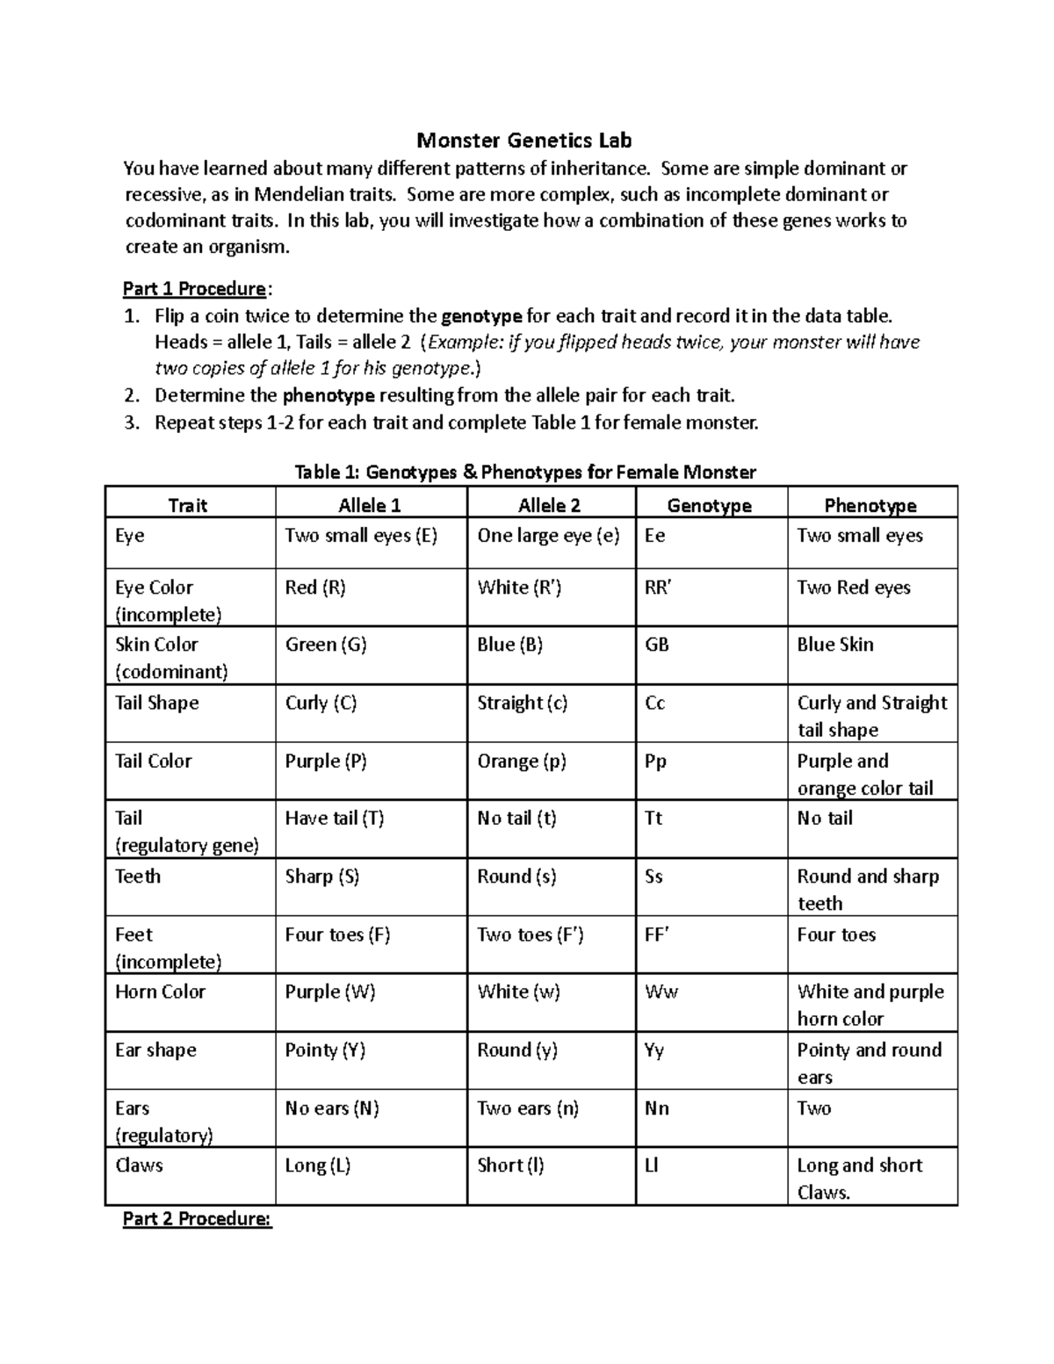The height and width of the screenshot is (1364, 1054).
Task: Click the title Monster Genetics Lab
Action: click(x=523, y=141)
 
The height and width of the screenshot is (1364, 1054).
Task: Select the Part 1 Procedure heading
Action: click(x=194, y=289)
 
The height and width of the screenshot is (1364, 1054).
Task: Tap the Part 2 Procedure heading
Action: click(x=198, y=1219)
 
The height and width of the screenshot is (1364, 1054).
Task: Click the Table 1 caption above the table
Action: click(x=524, y=473)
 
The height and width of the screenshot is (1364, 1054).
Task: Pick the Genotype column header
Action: click(x=709, y=505)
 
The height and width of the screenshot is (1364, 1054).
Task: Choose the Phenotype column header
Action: click(x=870, y=505)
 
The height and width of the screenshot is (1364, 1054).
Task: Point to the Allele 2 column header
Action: click(x=549, y=505)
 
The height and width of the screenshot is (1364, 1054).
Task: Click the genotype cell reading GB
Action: click(x=657, y=645)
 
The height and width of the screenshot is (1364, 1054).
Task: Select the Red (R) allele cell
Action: click(x=315, y=588)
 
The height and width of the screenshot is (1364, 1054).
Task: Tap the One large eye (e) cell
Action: click(x=548, y=536)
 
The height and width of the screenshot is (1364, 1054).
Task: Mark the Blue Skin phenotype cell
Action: click(x=834, y=645)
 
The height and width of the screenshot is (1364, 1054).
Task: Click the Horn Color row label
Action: click(x=160, y=992)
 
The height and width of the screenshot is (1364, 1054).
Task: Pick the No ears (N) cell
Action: click(x=332, y=1108)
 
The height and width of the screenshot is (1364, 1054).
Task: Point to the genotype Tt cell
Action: click(x=653, y=819)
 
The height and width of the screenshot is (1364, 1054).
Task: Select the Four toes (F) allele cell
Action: click(x=337, y=935)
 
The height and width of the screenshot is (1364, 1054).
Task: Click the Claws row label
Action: click(x=139, y=1166)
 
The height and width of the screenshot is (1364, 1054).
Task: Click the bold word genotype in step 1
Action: click(x=481, y=316)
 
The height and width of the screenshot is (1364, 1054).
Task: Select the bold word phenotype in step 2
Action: click(x=328, y=395)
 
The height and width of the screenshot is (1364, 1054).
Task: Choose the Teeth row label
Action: click(x=138, y=877)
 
